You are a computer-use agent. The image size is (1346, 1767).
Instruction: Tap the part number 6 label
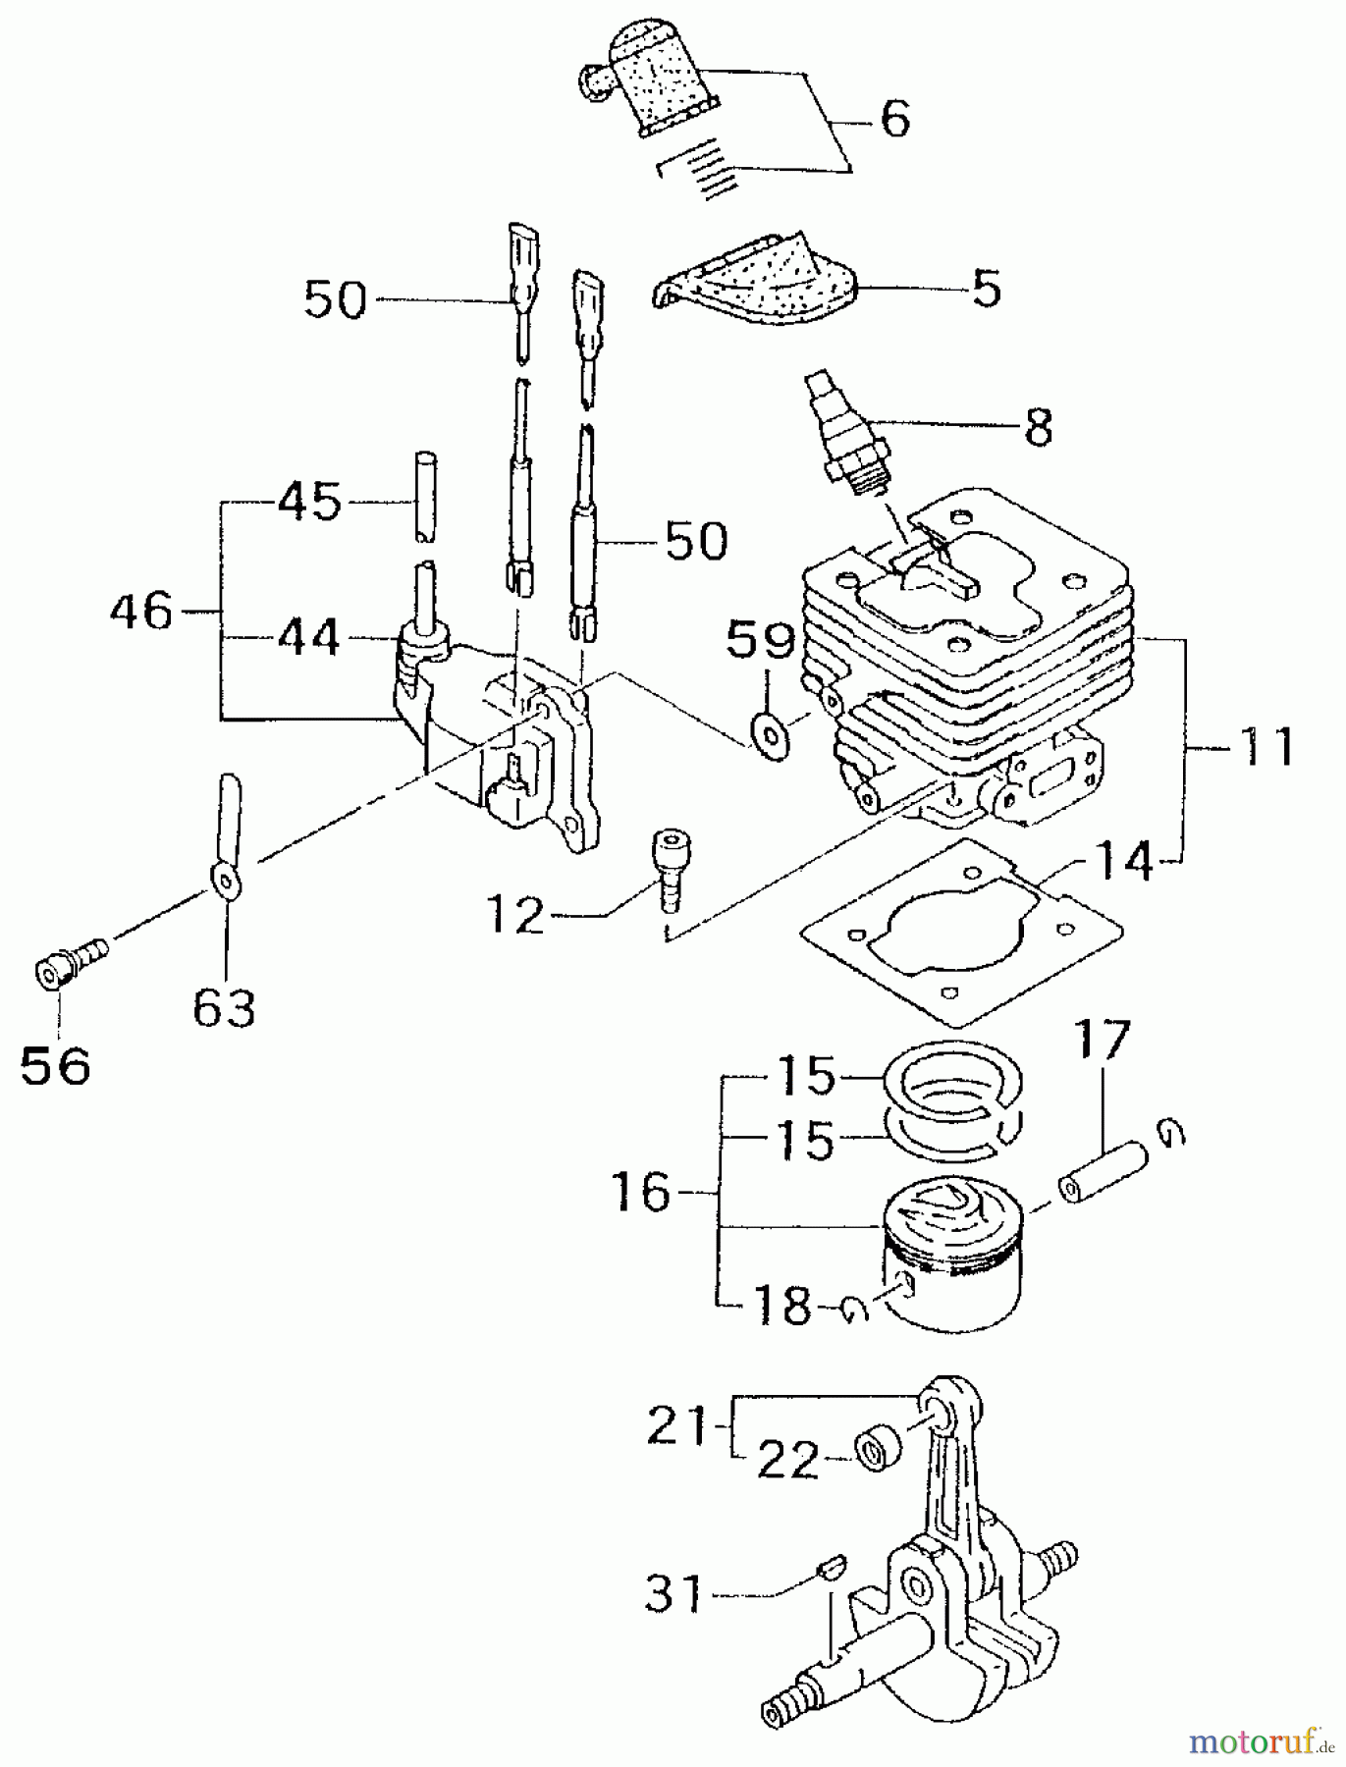[x=894, y=119]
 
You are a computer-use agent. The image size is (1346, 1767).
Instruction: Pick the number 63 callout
[x=224, y=1007]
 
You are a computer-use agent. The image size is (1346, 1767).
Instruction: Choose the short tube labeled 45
[x=424, y=496]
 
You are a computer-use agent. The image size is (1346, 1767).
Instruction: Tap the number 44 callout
[x=308, y=638]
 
